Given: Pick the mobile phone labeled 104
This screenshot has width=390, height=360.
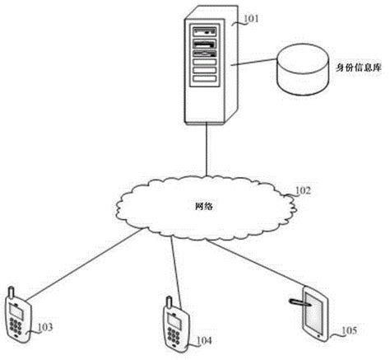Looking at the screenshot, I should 172,323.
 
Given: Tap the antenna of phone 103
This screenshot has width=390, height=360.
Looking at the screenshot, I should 11,291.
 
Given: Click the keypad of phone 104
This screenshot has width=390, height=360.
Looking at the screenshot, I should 173,334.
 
